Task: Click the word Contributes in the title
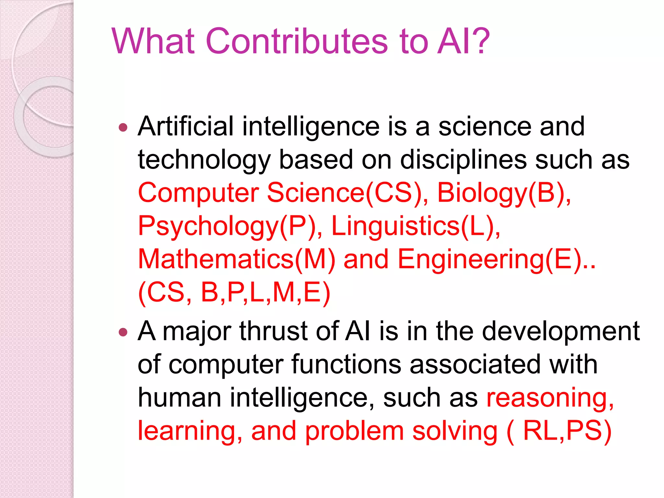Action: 297,41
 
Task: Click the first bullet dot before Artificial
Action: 123,127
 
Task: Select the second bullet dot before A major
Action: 123,332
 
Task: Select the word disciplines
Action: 463,160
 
